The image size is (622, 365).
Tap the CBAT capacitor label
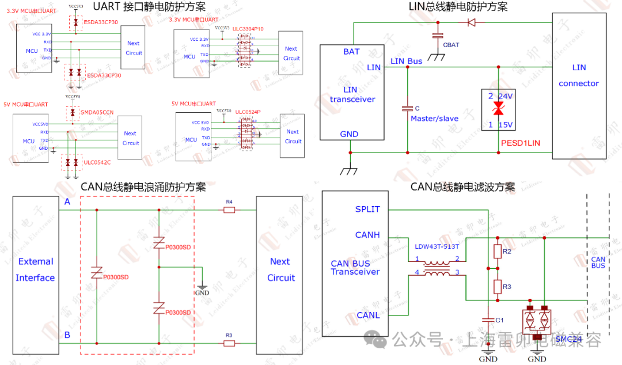pos(451,45)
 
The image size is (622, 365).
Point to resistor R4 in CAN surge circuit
pos(229,210)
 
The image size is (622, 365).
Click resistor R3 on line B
pos(229,343)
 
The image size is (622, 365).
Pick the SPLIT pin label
pos(367,209)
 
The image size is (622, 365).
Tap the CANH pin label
pos(367,235)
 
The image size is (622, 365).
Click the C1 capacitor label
pos(499,320)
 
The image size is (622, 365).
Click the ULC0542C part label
pos(97,162)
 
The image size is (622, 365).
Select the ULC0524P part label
pos(248,112)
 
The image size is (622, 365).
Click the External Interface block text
pos(35,269)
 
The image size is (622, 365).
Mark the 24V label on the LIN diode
pos(506,96)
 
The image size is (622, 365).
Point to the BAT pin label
pos(351,52)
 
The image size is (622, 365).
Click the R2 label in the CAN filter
pos(507,252)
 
